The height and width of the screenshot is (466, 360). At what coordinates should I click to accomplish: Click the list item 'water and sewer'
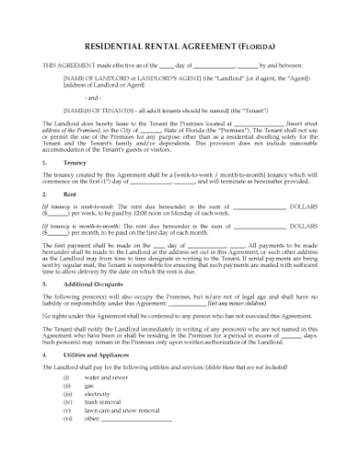[105, 376]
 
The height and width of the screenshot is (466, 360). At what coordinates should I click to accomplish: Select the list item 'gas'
[88, 385]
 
